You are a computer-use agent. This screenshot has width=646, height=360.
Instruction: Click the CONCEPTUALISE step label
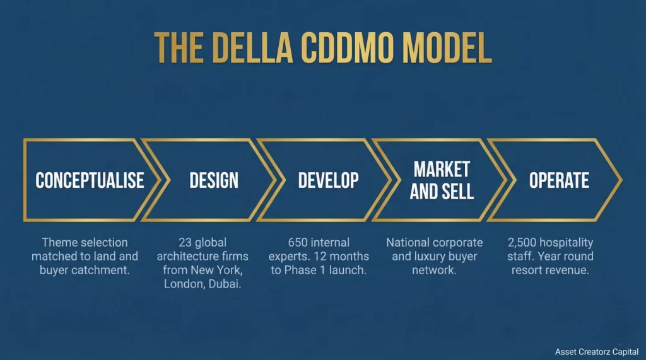[x=90, y=180]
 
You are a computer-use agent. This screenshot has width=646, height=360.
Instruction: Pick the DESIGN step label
[x=214, y=180]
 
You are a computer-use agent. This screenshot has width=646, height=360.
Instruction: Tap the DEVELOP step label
[x=328, y=180]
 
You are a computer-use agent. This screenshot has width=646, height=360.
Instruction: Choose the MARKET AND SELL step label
[x=442, y=180]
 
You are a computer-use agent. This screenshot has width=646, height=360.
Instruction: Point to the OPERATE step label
[x=559, y=180]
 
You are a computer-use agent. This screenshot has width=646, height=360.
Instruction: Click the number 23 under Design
[x=184, y=243]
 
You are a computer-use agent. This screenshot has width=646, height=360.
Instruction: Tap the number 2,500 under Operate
[x=523, y=243]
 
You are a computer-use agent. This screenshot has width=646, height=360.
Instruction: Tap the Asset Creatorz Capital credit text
[x=597, y=351]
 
